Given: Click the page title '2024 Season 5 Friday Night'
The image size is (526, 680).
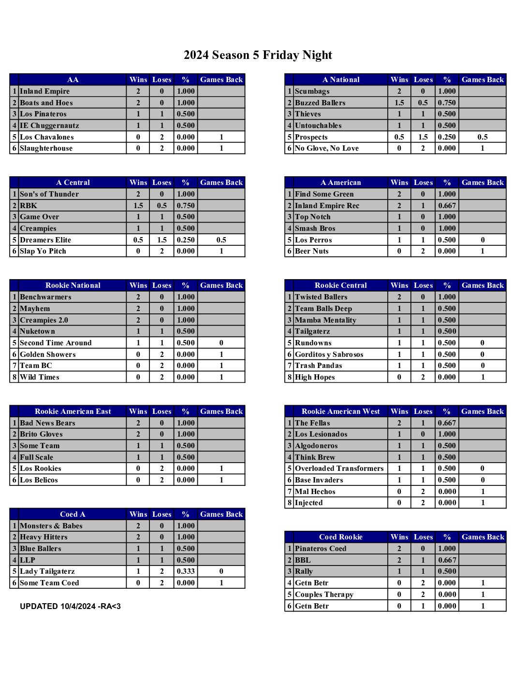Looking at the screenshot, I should pyautogui.click(x=258, y=55).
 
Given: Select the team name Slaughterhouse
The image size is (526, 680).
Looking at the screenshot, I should pyautogui.click(x=46, y=148).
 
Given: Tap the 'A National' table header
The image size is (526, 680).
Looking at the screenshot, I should pyautogui.click(x=341, y=80).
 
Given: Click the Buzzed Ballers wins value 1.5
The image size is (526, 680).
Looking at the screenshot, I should pyautogui.click(x=399, y=103).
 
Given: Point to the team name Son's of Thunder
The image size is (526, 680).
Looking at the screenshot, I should pyautogui.click(x=49, y=194).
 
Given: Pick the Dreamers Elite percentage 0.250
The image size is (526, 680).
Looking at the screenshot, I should pyautogui.click(x=186, y=240).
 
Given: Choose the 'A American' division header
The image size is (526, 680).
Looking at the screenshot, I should pyautogui.click(x=341, y=183).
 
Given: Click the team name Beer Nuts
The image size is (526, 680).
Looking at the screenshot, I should pyautogui.click(x=312, y=251).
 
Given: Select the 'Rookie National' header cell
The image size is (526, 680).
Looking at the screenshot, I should pyautogui.click(x=73, y=285).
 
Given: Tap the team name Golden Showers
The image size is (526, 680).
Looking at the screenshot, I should pyautogui.click(x=48, y=354).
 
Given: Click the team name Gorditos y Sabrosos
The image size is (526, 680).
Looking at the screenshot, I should pyautogui.click(x=329, y=354).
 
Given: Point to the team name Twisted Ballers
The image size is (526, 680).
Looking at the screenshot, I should pyautogui.click(x=321, y=297).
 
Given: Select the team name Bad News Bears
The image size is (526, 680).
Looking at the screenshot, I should pyautogui.click(x=47, y=423).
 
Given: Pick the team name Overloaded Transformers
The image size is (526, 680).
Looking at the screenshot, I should pyautogui.click(x=339, y=468).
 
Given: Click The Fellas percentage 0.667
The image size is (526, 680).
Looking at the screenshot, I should pyautogui.click(x=447, y=423).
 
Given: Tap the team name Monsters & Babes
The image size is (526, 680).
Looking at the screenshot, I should pyautogui.click(x=51, y=526).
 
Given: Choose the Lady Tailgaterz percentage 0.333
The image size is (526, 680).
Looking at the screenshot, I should pyautogui.click(x=186, y=571).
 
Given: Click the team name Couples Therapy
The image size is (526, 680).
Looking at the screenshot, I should pyautogui.click(x=324, y=595).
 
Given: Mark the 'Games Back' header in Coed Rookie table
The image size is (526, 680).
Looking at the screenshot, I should pyautogui.click(x=482, y=537).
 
